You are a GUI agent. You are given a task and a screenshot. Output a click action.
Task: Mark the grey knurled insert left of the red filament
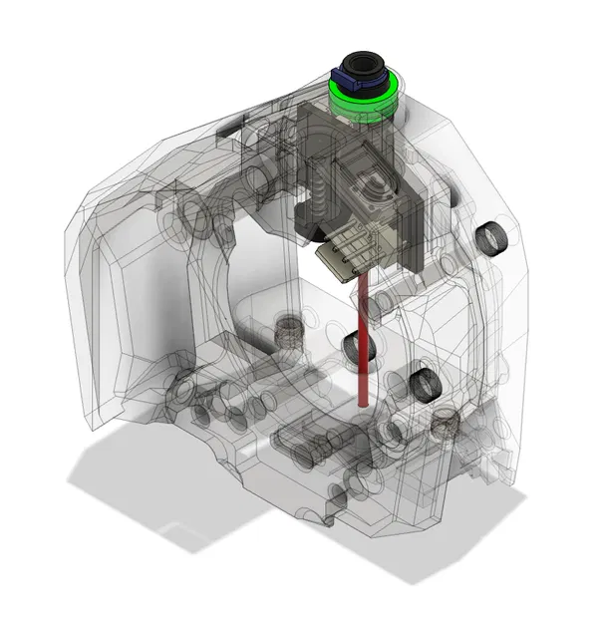(x=288, y=328)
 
